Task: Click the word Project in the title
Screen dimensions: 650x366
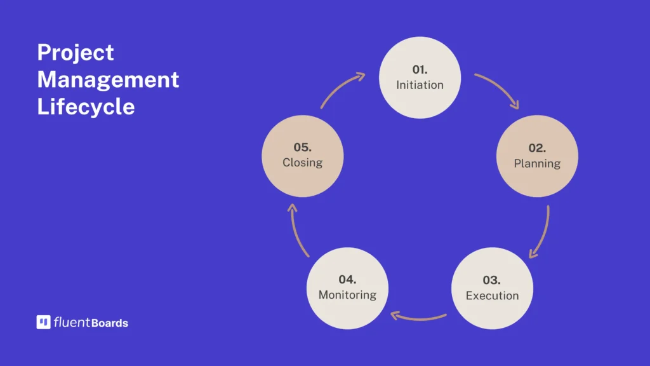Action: [x=76, y=53]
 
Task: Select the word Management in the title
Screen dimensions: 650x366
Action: [x=108, y=79]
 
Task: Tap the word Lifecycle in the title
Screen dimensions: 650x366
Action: [x=86, y=107]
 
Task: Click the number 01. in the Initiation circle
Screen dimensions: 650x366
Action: [x=420, y=69]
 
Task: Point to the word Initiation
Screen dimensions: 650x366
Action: [x=420, y=85]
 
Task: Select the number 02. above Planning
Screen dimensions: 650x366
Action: [x=537, y=147]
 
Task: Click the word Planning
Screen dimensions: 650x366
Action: [x=537, y=163]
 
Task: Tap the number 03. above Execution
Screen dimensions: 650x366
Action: [x=491, y=280]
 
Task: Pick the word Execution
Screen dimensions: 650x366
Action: [x=492, y=295]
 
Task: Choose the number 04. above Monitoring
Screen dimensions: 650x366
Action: [x=347, y=280]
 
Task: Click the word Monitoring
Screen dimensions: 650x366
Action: [x=347, y=295]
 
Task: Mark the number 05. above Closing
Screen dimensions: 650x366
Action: [x=302, y=147]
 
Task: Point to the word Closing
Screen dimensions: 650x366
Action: [x=302, y=162]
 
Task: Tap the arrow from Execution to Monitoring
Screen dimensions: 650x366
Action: [x=418, y=319]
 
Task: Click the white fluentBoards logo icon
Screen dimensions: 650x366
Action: [x=44, y=322]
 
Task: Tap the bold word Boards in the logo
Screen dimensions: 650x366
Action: [x=109, y=323]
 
